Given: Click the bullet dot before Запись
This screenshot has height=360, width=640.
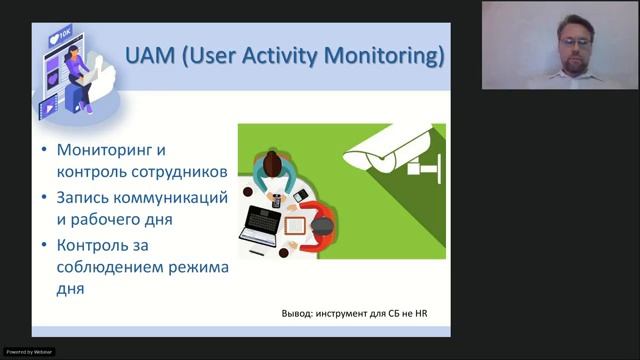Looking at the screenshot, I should [x=48, y=198].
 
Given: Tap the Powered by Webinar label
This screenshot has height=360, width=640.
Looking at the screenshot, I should [x=29, y=352].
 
